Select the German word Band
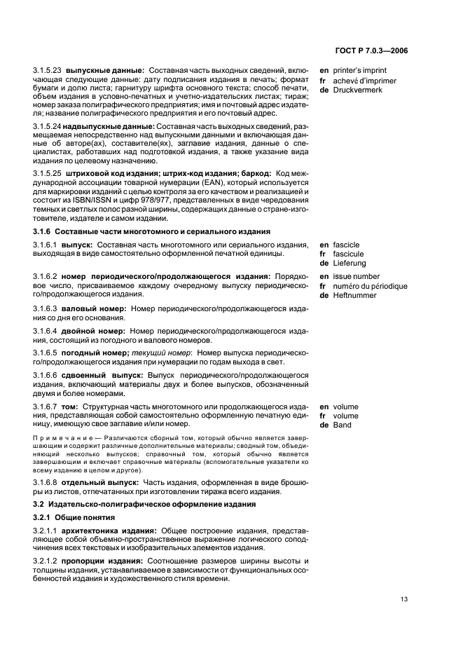(342, 425)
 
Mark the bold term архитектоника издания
(109, 531)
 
